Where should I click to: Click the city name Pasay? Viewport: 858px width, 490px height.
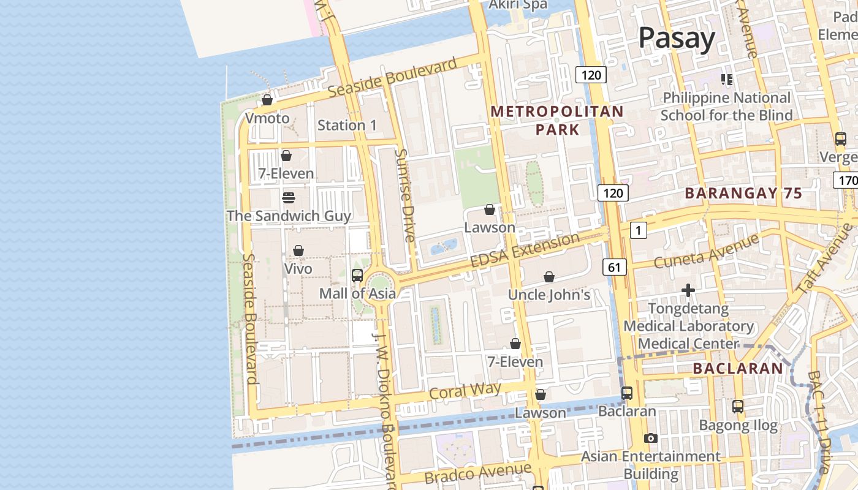point(677,38)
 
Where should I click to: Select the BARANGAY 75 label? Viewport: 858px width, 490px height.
point(743,193)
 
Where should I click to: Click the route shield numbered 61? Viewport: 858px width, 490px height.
point(615,267)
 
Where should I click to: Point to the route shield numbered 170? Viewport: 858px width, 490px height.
point(846,180)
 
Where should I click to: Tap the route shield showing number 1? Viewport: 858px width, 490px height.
point(638,230)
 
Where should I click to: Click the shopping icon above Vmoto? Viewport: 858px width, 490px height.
point(267,99)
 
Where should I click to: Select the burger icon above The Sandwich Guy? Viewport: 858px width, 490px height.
point(289,198)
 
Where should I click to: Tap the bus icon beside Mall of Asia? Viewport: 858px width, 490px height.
point(357,276)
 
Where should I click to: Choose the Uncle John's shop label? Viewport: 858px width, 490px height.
point(549,295)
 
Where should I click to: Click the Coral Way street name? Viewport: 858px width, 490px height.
point(465,391)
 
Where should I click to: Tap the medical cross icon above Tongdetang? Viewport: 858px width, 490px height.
point(688,290)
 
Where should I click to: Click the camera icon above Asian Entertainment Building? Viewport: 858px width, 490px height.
point(651,438)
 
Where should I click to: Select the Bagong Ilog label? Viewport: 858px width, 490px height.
point(738,424)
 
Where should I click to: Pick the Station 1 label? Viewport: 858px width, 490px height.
point(347,126)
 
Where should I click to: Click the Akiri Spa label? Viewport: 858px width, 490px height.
point(517,5)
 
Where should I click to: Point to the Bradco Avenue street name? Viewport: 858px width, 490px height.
point(477,473)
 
